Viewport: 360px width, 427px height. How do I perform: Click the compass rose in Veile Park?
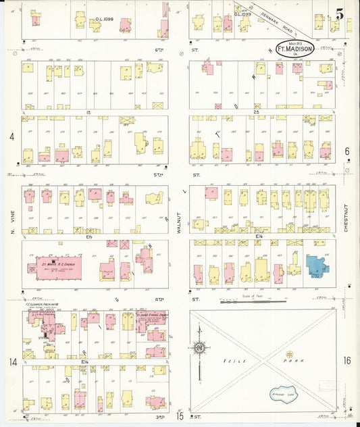[x=199, y=348]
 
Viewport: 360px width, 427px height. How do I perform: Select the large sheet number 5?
[x=340, y=13]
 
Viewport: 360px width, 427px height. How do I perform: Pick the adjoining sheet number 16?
[x=347, y=361]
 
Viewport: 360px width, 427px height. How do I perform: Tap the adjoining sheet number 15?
[x=180, y=416]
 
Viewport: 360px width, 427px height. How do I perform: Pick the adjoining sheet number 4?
[x=11, y=136]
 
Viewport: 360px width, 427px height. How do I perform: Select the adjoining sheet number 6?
[x=347, y=151]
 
